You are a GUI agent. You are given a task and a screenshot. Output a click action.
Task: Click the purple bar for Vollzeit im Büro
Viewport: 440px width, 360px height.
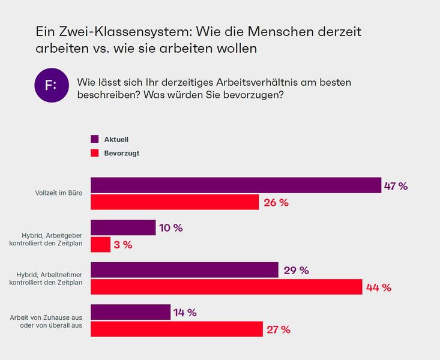tap(235, 185)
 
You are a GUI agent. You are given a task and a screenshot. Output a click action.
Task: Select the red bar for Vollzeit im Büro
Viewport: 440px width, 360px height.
tap(174, 202)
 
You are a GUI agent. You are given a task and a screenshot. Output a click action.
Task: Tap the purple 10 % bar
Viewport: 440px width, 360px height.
tap(122, 227)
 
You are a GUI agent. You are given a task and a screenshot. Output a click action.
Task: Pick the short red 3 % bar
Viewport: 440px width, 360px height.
tap(100, 244)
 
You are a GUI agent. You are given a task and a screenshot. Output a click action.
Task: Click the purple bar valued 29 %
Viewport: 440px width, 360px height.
tap(184, 270)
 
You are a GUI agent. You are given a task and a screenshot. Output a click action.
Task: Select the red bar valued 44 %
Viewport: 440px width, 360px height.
tap(226, 287)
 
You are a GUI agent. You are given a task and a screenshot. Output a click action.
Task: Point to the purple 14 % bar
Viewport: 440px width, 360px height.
tap(130, 312)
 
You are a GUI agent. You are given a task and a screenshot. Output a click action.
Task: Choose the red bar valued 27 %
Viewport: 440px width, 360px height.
tap(176, 329)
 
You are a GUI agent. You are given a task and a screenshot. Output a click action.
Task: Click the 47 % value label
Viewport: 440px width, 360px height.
tap(396, 186)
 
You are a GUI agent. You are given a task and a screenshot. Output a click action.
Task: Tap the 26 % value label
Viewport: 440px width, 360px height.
tap(276, 203)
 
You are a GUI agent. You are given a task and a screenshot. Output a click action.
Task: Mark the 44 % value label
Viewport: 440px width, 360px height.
tap(379, 287)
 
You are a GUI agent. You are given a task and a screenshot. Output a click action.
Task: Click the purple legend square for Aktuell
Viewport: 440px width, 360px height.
tap(94, 139)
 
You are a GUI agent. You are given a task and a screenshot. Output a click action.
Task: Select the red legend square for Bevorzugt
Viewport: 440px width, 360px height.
tap(94, 153)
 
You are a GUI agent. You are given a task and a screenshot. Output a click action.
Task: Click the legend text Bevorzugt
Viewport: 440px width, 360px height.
tap(122, 153)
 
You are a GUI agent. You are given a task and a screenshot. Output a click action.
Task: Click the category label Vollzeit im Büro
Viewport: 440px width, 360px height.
tap(59, 193)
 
